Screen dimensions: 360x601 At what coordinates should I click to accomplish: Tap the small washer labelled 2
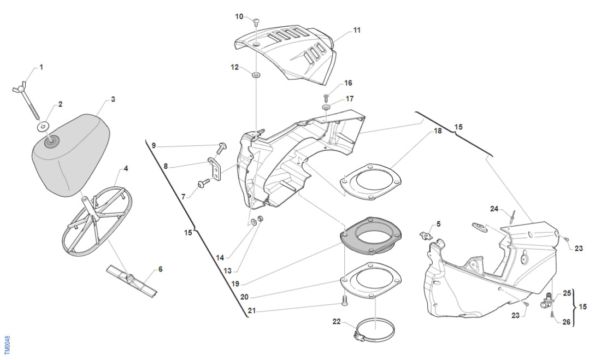pyautogui.click(x=43, y=127)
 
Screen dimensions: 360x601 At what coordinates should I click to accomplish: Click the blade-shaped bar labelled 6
pyautogui.click(x=132, y=279)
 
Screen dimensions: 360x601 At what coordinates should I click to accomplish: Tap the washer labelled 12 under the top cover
pyautogui.click(x=256, y=74)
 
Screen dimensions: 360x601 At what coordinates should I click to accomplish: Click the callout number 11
pyautogui.click(x=357, y=31)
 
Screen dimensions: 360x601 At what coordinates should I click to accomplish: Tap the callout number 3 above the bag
pyautogui.click(x=113, y=99)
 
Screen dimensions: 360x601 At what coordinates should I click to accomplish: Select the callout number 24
pyautogui.click(x=494, y=209)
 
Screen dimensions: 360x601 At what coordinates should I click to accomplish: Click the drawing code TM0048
pyautogui.click(x=7, y=345)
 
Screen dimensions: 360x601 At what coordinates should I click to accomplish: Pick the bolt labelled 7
pyautogui.click(x=205, y=184)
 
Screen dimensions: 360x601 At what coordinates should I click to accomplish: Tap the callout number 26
pyautogui.click(x=566, y=322)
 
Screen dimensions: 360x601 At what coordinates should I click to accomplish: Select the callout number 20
pyautogui.click(x=244, y=297)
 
